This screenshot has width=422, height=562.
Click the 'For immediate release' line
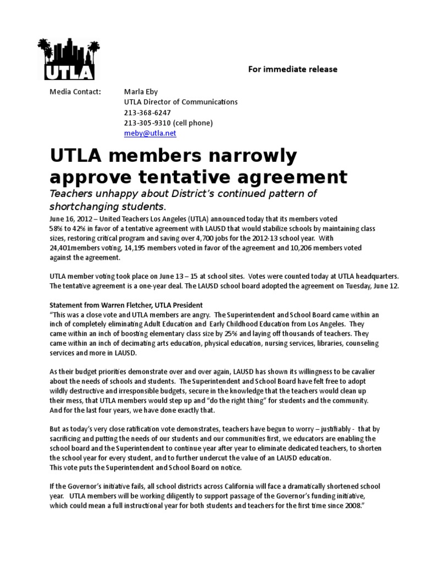coord(292,69)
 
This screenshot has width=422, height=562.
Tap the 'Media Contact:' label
coord(75,92)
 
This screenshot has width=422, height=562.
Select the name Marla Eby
coord(141,92)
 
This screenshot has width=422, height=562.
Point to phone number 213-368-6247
coord(145,113)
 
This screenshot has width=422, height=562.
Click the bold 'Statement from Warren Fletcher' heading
coord(126,305)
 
